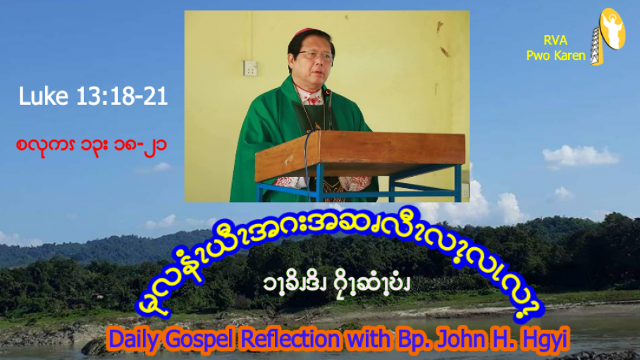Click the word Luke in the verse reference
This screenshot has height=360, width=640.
pyautogui.click(x=43, y=97)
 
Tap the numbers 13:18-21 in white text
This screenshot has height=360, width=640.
pyautogui.click(x=122, y=97)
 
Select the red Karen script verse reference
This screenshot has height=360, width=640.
pyautogui.click(x=92, y=145)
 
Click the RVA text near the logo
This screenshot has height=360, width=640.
pyautogui.click(x=555, y=40)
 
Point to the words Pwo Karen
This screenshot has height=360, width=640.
pyautogui.click(x=555, y=56)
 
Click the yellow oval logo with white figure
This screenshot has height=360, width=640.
pyautogui.click(x=613, y=29)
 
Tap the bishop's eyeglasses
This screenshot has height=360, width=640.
pyautogui.click(x=316, y=55)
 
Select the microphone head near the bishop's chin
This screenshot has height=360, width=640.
pyautogui.click(x=327, y=93)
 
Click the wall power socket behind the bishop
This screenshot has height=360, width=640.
pyautogui.click(x=250, y=68)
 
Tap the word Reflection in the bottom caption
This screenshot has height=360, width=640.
pyautogui.click(x=290, y=338)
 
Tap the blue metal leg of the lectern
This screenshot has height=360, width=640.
pyautogui.click(x=319, y=183)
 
